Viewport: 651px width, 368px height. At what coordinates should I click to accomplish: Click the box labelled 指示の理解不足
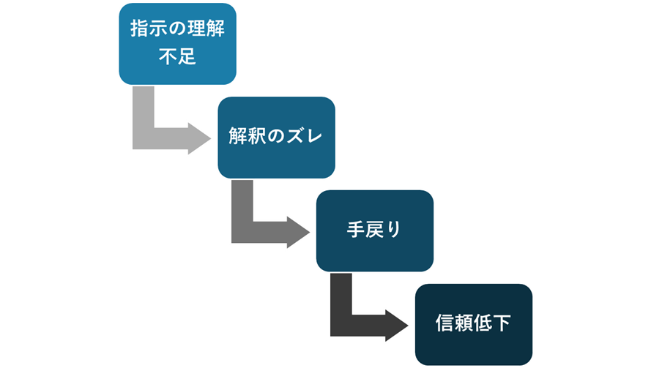pyautogui.click(x=177, y=44)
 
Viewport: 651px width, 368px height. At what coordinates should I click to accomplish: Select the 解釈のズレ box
pyautogui.click(x=276, y=137)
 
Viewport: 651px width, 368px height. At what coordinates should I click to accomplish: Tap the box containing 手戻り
pyautogui.click(x=374, y=230)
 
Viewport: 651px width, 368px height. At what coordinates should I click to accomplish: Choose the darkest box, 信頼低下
pyautogui.click(x=473, y=323)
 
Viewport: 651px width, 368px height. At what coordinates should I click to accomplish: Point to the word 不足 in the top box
pyautogui.click(x=177, y=57)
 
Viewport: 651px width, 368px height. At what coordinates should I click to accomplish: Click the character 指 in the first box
pyautogui.click(x=138, y=30)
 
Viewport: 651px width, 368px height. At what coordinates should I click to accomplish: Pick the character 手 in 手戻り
pyautogui.click(x=355, y=230)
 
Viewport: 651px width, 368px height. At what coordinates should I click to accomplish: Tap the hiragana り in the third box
pyautogui.click(x=394, y=230)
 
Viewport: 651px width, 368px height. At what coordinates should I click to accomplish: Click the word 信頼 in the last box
pyautogui.click(x=453, y=323)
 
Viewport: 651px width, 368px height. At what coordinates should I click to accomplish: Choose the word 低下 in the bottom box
pyautogui.click(x=493, y=323)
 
